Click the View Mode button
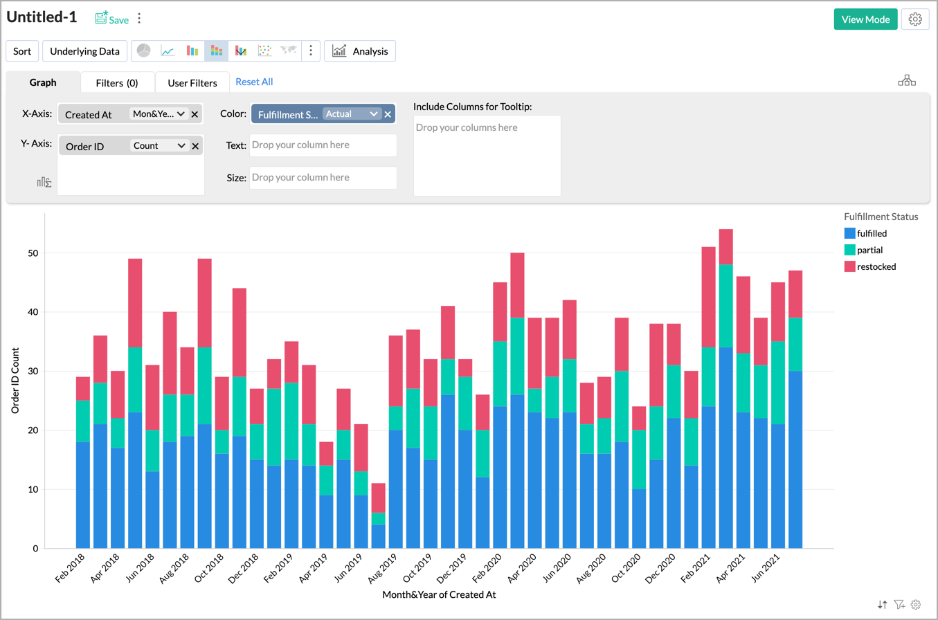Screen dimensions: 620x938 pos(865,19)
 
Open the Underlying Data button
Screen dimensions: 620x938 pos(84,51)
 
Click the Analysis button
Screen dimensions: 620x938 pos(360,51)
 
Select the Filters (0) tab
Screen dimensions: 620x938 pos(117,83)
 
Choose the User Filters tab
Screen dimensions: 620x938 pos(192,83)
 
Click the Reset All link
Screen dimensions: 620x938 pos(254,82)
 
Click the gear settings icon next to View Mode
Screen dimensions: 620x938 pos(915,19)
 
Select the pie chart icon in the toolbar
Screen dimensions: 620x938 pos(143,51)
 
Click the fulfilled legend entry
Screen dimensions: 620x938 pos(871,233)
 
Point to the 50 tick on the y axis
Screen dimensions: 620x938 pos(33,253)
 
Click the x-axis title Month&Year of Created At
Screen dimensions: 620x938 pos(439,594)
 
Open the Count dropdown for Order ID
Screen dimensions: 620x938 pos(159,146)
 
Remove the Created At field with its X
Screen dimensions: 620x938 pos(195,114)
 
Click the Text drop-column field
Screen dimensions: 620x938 pos(323,145)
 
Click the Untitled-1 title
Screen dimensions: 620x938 pos(42,18)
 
